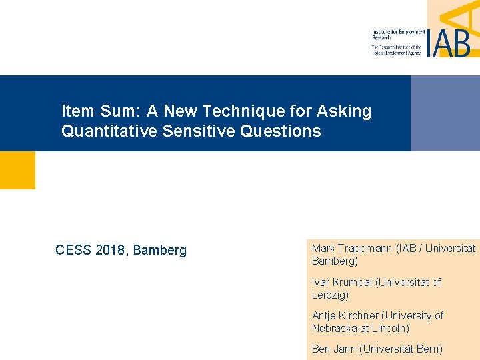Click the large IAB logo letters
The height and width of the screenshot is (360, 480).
447,41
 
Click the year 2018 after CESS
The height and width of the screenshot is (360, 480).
111,251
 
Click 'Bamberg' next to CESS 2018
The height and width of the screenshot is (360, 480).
160,251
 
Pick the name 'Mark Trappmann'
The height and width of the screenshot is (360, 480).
351,248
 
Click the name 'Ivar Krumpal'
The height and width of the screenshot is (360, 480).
341,282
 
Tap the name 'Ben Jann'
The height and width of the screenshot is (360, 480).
333,349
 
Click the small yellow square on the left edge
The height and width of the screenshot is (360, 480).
17,170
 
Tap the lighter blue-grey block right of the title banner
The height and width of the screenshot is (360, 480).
445,113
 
